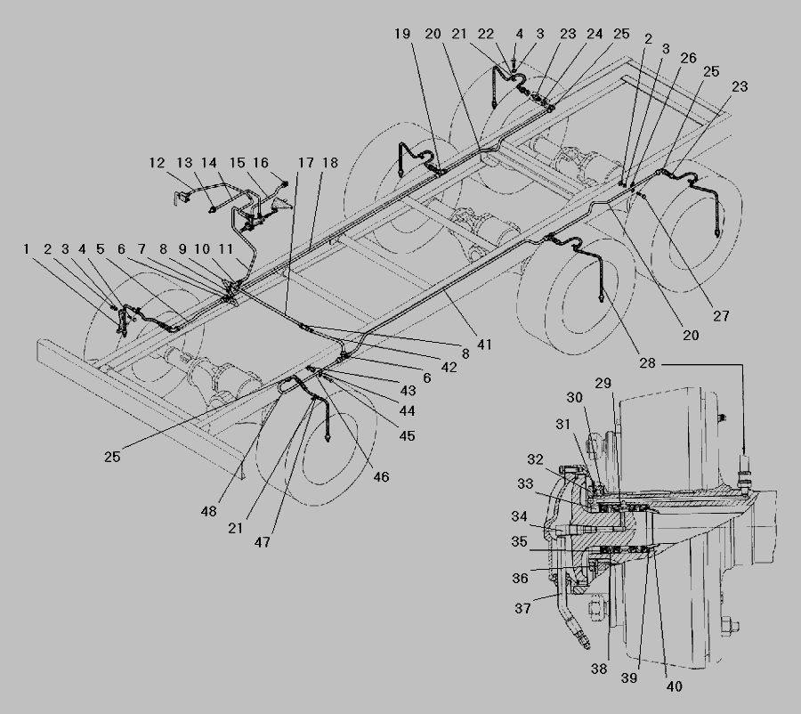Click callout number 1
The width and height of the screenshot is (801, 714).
coord(26,249)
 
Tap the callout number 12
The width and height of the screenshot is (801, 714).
coord(157,163)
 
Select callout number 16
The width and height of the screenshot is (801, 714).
coord(261,163)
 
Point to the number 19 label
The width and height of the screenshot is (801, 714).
coord(402,34)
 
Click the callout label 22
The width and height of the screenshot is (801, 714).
coord(486,34)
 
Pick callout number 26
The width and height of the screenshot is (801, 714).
coord(688,58)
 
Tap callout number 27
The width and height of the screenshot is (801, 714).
coord(721,316)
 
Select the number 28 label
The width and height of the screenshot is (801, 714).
coord(647,363)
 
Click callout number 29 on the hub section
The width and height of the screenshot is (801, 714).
coord(603,383)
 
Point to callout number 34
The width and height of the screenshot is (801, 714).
coord(520,516)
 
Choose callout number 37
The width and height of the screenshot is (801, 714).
coord(522,608)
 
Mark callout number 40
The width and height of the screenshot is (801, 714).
coord(675,686)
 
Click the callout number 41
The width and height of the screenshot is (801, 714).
coord(484,345)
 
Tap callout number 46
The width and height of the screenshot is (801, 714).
coord(381,477)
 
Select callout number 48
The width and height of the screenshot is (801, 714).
coord(208,511)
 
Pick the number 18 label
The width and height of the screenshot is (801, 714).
coord(330,163)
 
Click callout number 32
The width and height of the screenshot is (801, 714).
coord(536,459)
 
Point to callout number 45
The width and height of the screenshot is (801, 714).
coord(407,436)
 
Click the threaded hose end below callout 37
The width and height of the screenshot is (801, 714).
coord(584,640)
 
